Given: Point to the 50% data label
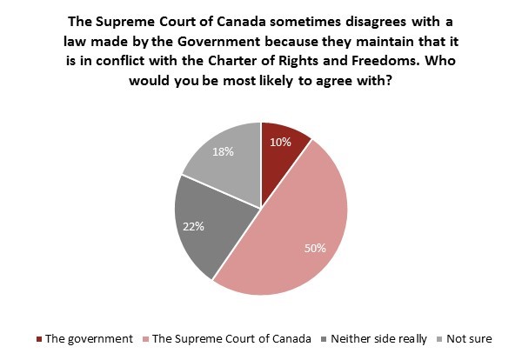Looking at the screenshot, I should pyautogui.click(x=315, y=248).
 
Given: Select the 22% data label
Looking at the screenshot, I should pyautogui.click(x=194, y=227).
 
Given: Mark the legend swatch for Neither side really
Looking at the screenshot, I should pyautogui.click(x=325, y=338).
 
